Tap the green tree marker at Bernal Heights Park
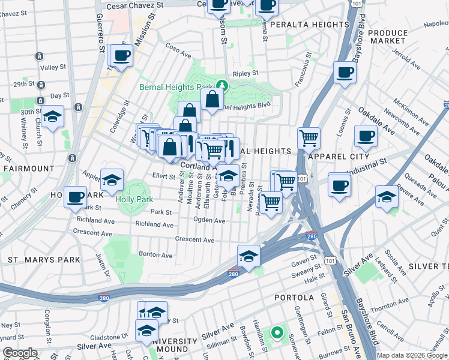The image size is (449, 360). (221, 85)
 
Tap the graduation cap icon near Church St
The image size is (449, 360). (53, 117)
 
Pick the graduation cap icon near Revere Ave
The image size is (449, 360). (387, 197)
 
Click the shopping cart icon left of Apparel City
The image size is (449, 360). (309, 138)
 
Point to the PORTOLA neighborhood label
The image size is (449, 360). (294, 298)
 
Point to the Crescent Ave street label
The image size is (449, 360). (194, 240)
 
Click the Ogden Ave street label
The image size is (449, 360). (209, 221)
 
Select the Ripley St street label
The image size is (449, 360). (246, 73)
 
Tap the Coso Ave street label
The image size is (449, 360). (178, 52)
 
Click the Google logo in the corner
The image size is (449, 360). (20, 353)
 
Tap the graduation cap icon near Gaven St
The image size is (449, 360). (249, 256)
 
